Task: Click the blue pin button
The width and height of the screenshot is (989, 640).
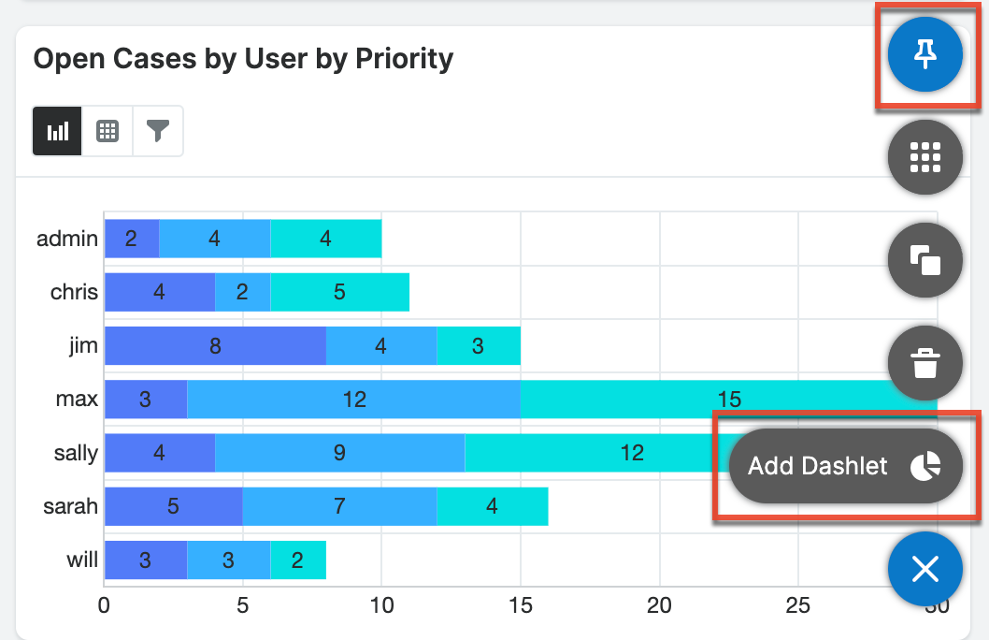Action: point(924,55)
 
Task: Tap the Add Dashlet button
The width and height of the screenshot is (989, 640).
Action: point(845,466)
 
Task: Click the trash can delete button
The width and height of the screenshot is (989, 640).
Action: point(924,362)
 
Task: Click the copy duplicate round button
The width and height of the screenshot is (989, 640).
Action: point(924,260)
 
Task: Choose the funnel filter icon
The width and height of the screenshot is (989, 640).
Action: point(158,131)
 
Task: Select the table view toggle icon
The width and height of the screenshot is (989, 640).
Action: point(107,131)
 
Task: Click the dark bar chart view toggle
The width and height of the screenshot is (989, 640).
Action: point(57,131)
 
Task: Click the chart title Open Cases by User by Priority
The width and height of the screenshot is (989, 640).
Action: point(243,59)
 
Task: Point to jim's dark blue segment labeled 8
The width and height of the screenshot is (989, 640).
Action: point(215,346)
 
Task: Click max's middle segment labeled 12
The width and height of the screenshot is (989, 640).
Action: point(353,400)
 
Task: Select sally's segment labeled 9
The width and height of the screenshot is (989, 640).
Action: point(339,453)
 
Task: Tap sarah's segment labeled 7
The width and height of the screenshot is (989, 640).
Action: point(339,506)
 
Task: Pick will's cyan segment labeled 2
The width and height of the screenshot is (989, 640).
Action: point(298,560)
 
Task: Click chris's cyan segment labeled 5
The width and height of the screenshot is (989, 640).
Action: point(339,292)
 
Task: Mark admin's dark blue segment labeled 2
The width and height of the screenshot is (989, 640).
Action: point(132,239)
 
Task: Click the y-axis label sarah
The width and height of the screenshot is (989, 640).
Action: point(71,507)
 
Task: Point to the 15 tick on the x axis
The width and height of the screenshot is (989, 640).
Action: point(521,606)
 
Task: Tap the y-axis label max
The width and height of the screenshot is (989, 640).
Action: point(77,400)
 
